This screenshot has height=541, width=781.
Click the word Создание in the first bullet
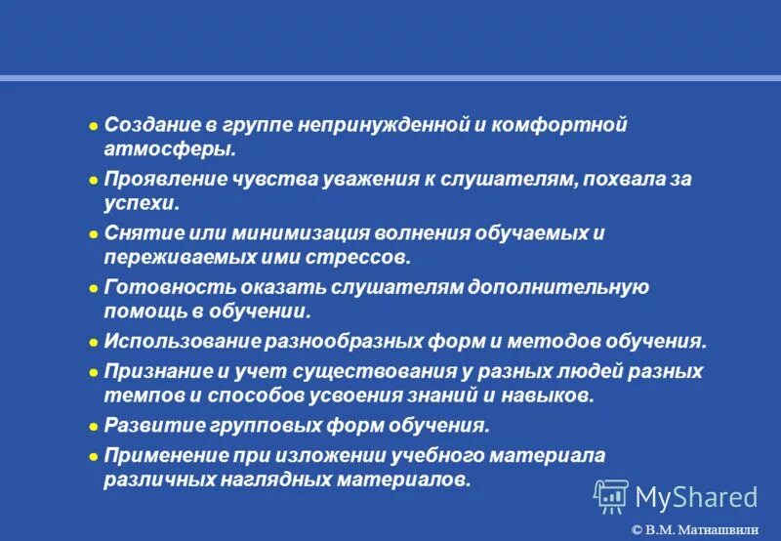(x=149, y=126)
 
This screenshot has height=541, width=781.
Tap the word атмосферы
(x=171, y=151)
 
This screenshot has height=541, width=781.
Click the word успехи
(x=143, y=205)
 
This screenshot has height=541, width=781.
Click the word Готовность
(x=160, y=287)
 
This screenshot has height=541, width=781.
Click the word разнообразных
(x=344, y=343)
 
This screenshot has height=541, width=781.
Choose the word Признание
(x=153, y=371)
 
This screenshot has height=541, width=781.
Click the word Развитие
(x=149, y=426)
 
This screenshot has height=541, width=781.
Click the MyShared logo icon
(x=611, y=497)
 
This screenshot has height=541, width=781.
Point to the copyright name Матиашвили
(x=723, y=529)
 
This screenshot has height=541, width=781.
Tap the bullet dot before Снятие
(x=94, y=234)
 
